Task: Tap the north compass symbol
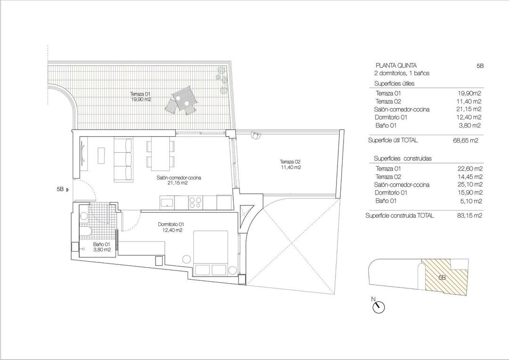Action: coord(378,307)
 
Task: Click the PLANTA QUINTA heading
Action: coord(396,65)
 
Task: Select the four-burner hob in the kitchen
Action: coord(195,202)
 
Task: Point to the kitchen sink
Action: coord(167,203)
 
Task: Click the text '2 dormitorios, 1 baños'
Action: coord(402,74)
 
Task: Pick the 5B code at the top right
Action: coord(480,66)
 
